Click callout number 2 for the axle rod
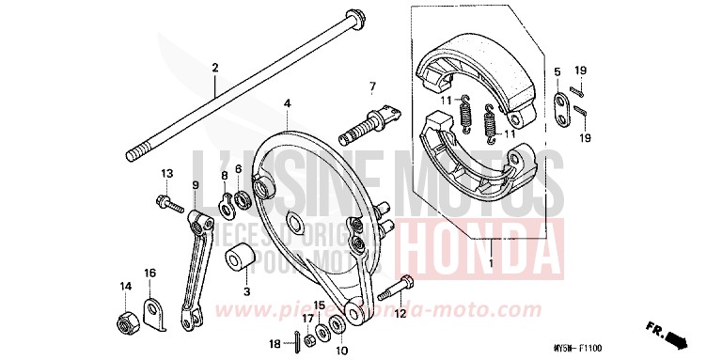[x=214, y=68]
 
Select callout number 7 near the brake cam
[x=371, y=87]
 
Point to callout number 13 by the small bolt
[x=166, y=174]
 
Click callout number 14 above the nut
[x=125, y=286]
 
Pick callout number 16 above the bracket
[x=149, y=273]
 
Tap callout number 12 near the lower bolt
[x=399, y=314]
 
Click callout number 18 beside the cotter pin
[x=275, y=344]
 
